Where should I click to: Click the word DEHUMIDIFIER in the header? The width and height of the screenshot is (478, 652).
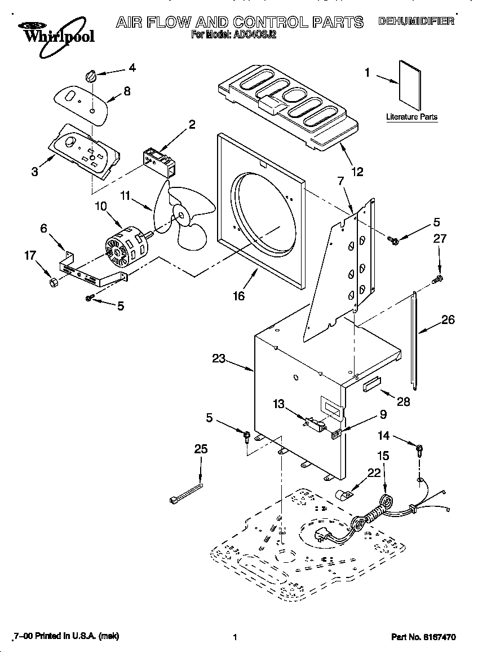[416, 21]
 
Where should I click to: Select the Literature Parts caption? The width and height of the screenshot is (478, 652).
[411, 117]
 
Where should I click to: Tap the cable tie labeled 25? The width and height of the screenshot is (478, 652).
[185, 491]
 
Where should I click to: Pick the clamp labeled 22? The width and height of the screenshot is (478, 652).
[343, 495]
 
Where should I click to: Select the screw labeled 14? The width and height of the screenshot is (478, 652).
[419, 450]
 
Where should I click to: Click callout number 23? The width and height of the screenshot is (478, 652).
[219, 357]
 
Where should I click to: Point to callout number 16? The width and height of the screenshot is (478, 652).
[239, 295]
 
